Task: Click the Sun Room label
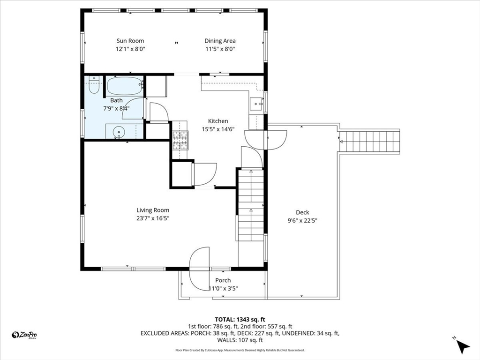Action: click(x=130, y=41)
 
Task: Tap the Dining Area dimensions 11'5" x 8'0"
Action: click(x=220, y=49)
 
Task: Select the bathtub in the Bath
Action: click(x=125, y=86)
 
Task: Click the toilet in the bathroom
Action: click(x=94, y=85)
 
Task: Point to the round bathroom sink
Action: click(x=119, y=132)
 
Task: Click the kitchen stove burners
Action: click(x=180, y=141)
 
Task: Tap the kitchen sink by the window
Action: click(x=256, y=104)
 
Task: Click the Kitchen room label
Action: click(x=218, y=121)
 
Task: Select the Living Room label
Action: click(x=153, y=210)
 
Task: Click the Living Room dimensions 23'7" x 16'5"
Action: click(x=153, y=218)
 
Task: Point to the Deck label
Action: click(x=302, y=212)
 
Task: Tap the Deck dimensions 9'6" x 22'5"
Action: click(x=302, y=220)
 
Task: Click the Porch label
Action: click(x=223, y=280)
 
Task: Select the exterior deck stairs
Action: click(x=369, y=141)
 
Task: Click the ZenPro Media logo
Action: click(x=24, y=335)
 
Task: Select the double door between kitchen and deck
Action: click(x=266, y=140)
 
